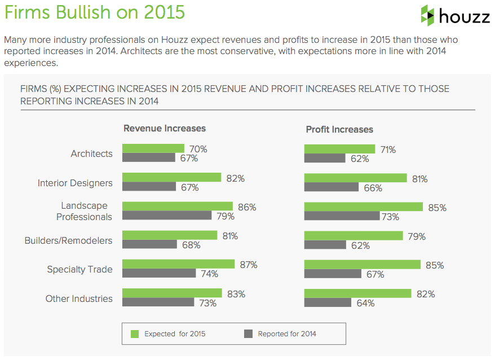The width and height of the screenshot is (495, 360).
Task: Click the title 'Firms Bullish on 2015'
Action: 95,12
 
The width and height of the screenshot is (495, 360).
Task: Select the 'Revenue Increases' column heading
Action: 165,129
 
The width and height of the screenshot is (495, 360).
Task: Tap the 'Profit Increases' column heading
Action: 339,129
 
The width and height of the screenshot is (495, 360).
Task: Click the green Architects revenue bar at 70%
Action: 153,148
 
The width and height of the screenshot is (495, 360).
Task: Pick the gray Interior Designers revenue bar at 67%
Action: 149,187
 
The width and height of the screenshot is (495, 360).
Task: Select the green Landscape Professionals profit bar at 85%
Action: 364,207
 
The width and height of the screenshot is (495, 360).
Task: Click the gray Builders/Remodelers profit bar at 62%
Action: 325,245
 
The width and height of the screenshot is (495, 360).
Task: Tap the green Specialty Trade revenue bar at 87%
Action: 178,264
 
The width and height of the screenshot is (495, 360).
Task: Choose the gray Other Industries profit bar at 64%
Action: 328,303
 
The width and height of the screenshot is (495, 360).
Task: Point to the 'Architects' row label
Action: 91,153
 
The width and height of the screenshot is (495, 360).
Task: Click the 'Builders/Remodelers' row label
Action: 68,240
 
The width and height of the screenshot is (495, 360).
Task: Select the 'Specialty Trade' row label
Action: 79,269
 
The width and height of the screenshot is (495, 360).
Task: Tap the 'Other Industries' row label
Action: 79,298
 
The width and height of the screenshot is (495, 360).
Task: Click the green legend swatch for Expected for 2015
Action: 135,333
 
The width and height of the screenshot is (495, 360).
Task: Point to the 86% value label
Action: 247,207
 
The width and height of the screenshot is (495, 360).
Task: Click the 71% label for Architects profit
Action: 388,150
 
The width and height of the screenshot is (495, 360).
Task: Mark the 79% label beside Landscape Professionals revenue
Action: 226,216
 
